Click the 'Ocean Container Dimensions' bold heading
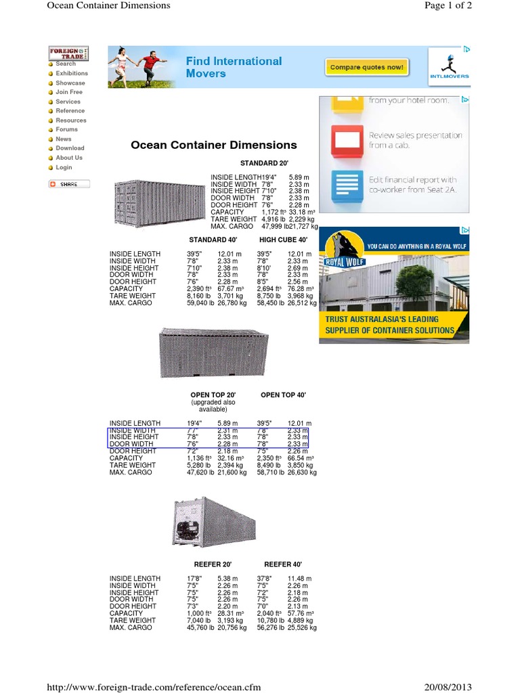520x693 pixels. coord(213,145)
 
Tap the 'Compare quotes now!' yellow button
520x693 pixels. coord(366,67)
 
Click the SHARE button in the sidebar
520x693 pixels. coord(68,184)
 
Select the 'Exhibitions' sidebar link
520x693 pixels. coord(71,73)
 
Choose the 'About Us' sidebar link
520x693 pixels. coord(68,158)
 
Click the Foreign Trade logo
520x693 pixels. coord(68,53)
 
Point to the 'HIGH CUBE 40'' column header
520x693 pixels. coord(283,240)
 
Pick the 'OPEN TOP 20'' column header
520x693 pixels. coord(213,395)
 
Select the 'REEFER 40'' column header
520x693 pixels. coord(282,564)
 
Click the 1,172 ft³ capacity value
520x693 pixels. coord(273,212)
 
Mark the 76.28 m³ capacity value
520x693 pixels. coord(299,289)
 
